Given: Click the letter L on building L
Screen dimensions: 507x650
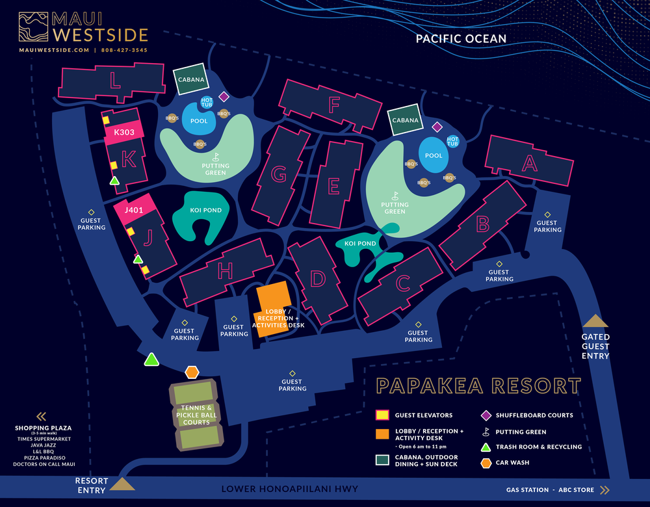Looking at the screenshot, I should [115, 81].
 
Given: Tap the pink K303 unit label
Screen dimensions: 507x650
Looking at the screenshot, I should [123, 133].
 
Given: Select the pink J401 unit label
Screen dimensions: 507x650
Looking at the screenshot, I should [133, 209].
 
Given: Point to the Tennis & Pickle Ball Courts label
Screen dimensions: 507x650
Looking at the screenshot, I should [196, 415].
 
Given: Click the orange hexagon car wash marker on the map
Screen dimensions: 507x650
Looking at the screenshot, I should [191, 372].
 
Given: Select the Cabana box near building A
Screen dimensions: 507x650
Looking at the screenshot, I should [406, 120].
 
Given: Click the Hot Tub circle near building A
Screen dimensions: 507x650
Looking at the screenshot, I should [453, 141].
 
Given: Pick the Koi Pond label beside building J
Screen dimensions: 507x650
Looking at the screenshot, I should [205, 210].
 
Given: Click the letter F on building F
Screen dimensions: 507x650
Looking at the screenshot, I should [335, 105].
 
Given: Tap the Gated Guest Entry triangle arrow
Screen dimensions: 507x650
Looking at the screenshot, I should [595, 321].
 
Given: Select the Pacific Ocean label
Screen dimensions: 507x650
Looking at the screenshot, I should [461, 39].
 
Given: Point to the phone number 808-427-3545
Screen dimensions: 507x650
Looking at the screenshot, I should [124, 50].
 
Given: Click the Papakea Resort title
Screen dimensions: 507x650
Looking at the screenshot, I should [478, 386].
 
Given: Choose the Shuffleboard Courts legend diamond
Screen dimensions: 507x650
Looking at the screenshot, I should [485, 415].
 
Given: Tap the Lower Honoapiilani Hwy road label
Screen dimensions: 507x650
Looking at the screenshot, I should [290, 489].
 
